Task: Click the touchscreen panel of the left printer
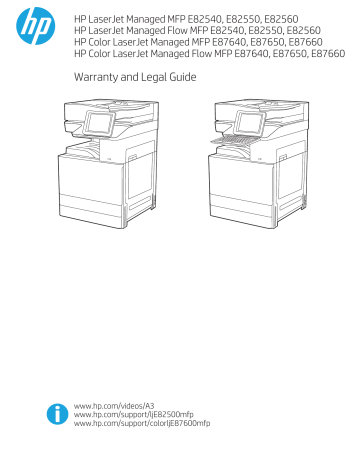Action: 100,126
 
